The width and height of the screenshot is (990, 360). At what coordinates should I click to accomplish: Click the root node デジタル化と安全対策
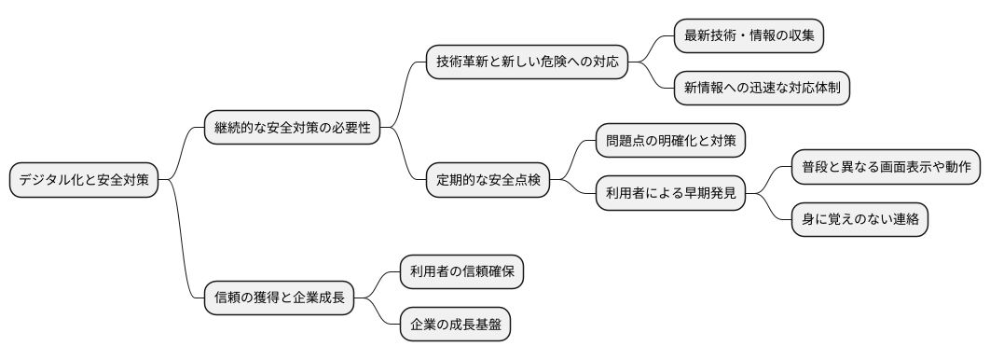coord(84,180)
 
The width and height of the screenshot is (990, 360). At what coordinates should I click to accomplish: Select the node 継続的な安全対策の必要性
coord(293,128)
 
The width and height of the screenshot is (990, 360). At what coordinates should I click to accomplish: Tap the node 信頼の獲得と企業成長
coord(280,298)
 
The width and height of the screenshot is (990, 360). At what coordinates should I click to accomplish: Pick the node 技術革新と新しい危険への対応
coord(527,62)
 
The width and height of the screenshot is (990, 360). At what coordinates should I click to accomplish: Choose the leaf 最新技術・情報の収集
coord(749,35)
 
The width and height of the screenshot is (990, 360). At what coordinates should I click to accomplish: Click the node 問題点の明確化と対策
coord(671,142)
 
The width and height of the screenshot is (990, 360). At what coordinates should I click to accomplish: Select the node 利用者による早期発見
coord(671,193)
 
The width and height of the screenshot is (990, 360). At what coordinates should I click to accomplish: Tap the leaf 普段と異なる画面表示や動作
coord(886,167)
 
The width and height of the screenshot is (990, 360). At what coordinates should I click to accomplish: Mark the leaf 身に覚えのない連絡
coord(859,219)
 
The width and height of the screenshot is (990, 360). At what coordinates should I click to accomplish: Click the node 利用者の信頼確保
coord(461,272)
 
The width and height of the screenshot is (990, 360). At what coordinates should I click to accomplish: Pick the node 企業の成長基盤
coord(455,325)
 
